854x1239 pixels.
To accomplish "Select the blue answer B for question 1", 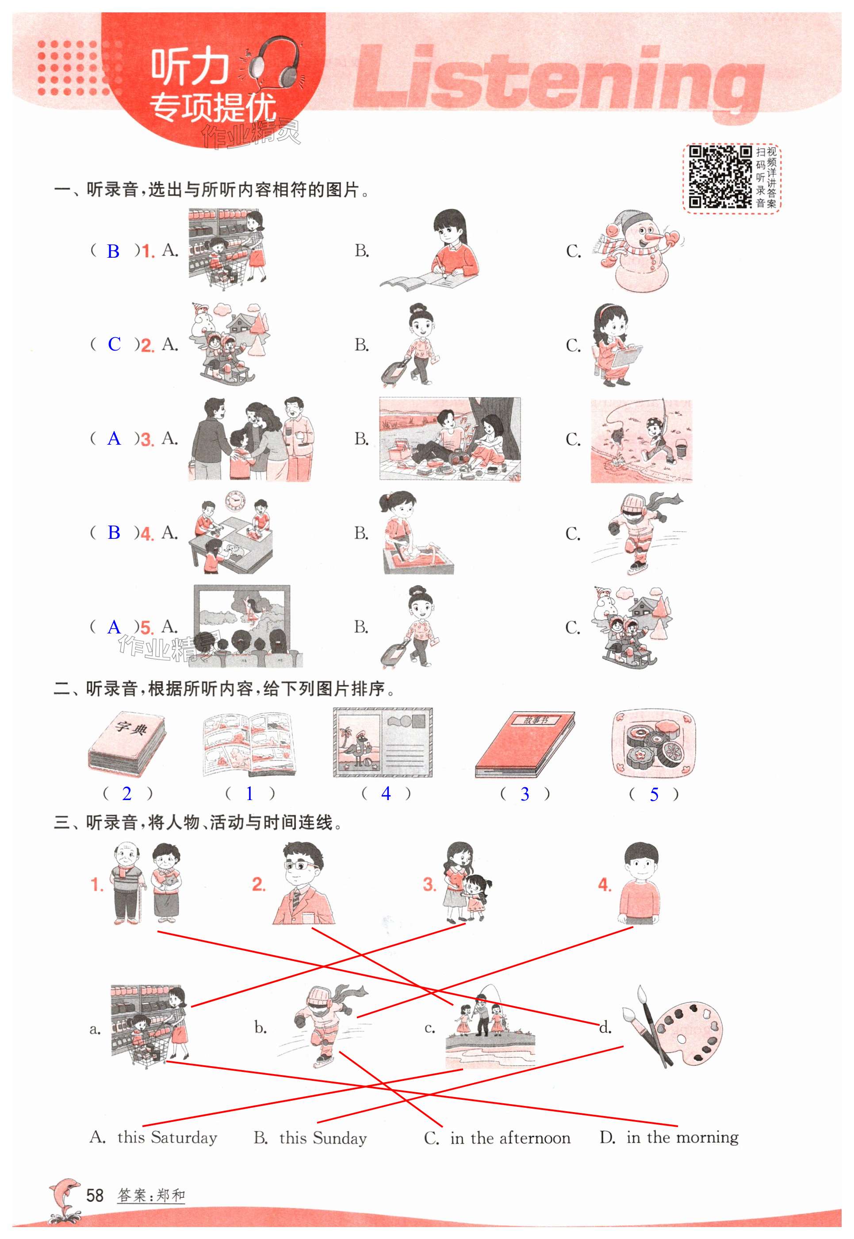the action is [113, 251].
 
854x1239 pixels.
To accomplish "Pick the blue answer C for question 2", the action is [114, 344].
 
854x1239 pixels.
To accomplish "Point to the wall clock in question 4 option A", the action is [234, 500].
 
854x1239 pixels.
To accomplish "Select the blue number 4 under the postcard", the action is [386, 793].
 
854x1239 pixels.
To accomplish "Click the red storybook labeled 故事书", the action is [525, 744].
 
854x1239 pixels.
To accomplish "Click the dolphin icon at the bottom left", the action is [64, 1199].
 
